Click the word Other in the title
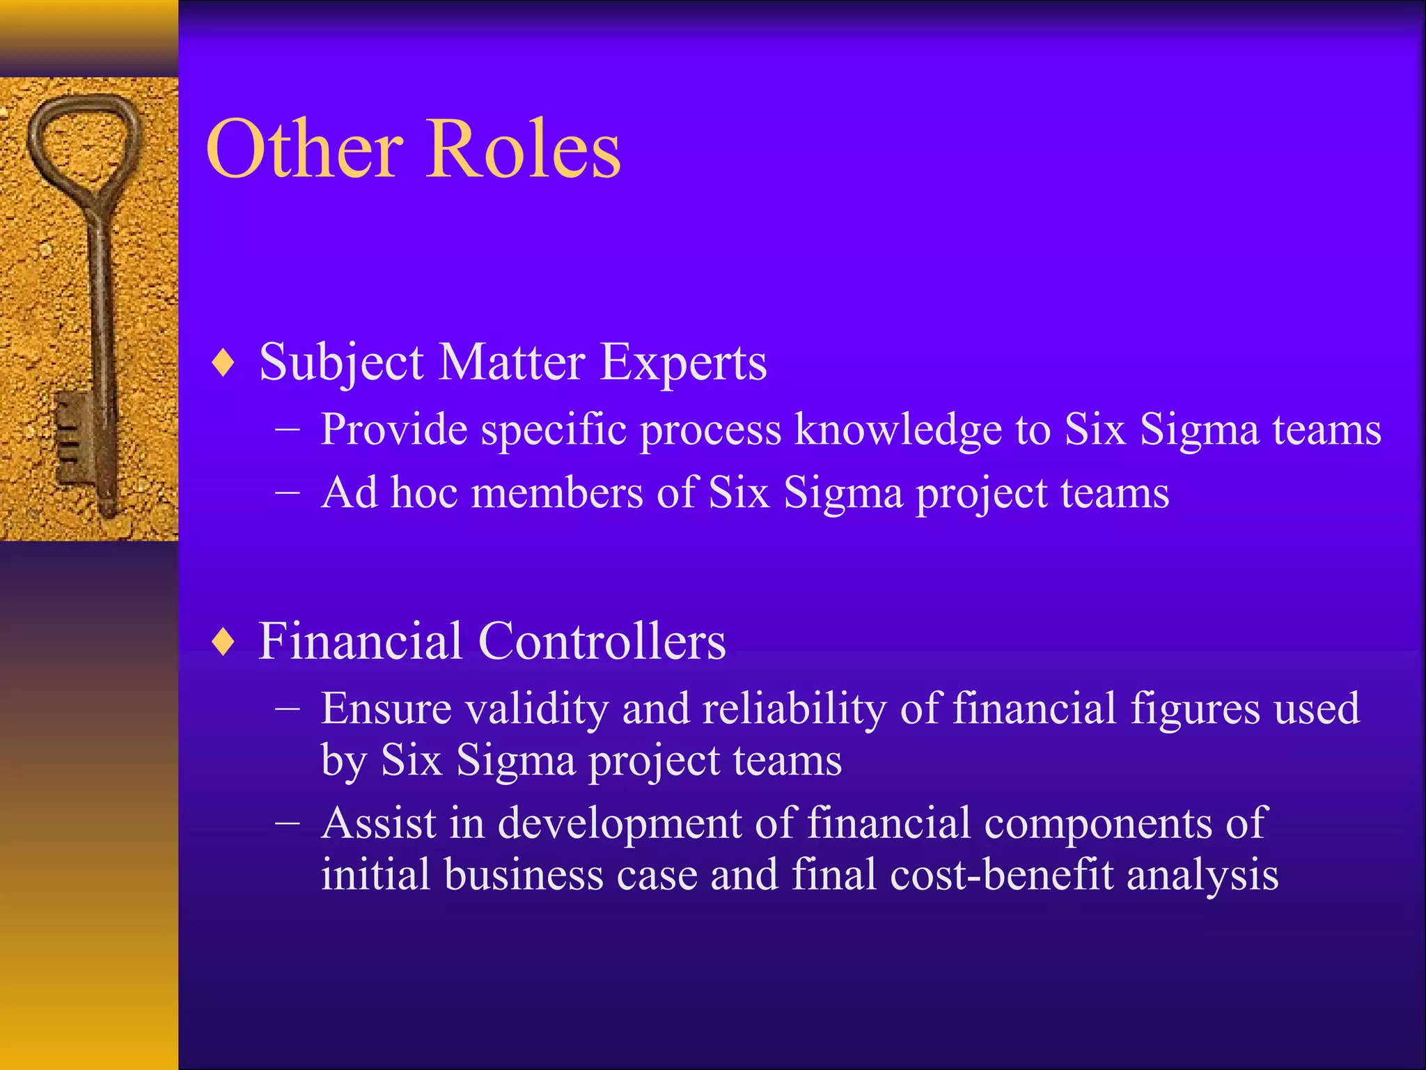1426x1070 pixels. (304, 149)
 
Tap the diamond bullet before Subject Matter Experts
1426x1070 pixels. (224, 363)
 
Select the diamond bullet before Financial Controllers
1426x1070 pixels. (224, 642)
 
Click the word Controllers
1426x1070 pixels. (602, 642)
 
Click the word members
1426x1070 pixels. (557, 493)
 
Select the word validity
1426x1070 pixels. (537, 709)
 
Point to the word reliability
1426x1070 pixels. (794, 709)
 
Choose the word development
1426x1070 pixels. (620, 823)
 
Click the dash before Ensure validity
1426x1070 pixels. (287, 709)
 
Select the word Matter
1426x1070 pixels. (512, 363)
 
